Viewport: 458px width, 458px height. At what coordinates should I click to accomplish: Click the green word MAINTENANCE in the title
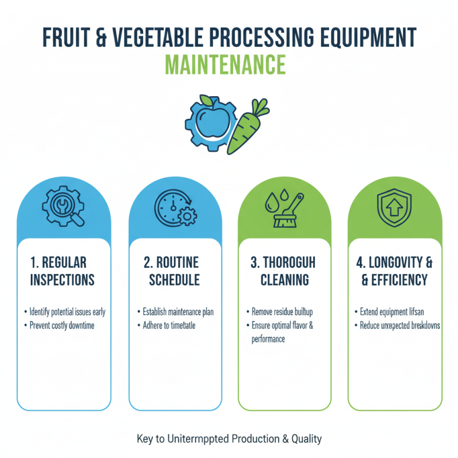[x=229, y=65]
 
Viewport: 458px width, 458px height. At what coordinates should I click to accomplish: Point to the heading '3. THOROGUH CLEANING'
[x=285, y=271]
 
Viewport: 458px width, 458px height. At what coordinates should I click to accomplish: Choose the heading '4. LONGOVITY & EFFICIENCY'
[x=395, y=271]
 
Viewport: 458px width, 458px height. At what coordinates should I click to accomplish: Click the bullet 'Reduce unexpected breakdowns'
[x=400, y=325]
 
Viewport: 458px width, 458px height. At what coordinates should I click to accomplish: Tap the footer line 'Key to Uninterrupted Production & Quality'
[x=229, y=439]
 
